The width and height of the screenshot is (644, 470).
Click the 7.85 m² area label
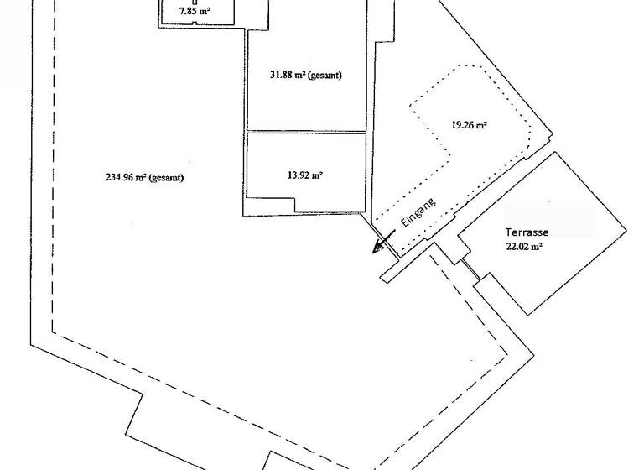[x=195, y=12]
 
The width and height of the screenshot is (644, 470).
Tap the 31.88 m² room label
[x=305, y=75]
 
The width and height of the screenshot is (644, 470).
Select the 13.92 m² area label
[x=305, y=175]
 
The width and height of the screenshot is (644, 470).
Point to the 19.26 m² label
[x=470, y=125]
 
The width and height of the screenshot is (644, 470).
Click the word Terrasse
[x=527, y=232]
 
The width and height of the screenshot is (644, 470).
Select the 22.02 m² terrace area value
[x=524, y=247]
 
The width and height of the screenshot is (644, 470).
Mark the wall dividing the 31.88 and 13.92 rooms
[x=306, y=132]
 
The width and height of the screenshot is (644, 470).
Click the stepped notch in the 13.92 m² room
[x=294, y=205]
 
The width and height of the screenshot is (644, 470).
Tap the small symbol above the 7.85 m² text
[x=195, y=3]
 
